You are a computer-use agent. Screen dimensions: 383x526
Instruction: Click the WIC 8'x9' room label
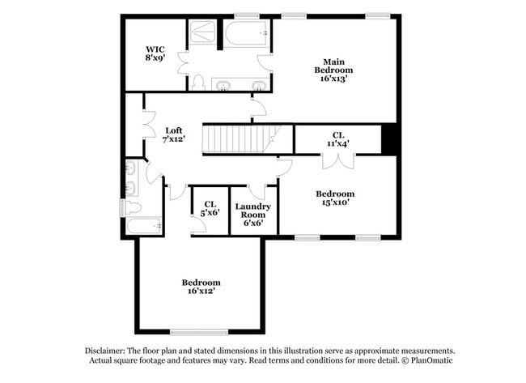point(155,53)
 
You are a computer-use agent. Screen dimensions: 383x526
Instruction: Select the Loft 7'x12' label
point(173,134)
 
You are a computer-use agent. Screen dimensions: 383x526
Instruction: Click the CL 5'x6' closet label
point(210,208)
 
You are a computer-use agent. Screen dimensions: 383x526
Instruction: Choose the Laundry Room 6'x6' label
point(253,214)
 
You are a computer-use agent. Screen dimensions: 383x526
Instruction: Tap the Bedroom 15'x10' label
point(335,198)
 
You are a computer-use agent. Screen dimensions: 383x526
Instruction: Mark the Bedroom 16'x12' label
point(200,287)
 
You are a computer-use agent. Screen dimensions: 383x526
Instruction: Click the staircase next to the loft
point(240,138)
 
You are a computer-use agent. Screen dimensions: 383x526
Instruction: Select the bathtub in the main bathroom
point(246,34)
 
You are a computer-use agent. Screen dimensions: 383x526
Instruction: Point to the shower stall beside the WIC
point(202,33)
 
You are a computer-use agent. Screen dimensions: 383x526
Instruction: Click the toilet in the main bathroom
point(198,82)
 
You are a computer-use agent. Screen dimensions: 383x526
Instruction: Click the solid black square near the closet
point(390,139)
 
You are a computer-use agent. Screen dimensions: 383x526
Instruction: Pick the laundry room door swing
point(257,191)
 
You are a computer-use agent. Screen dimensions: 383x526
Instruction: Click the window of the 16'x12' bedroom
point(198,332)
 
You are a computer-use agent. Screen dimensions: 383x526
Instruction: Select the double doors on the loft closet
point(148,124)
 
